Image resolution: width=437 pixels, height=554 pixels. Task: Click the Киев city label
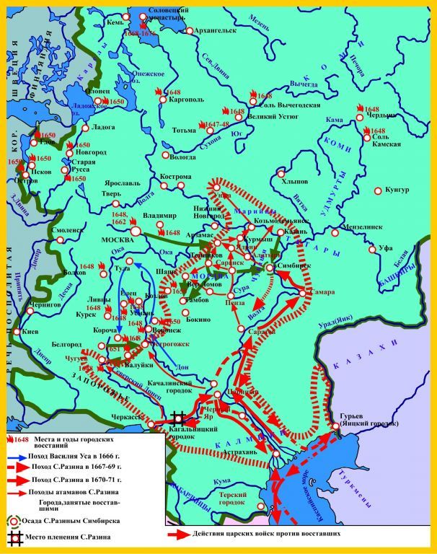pos(32,332)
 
